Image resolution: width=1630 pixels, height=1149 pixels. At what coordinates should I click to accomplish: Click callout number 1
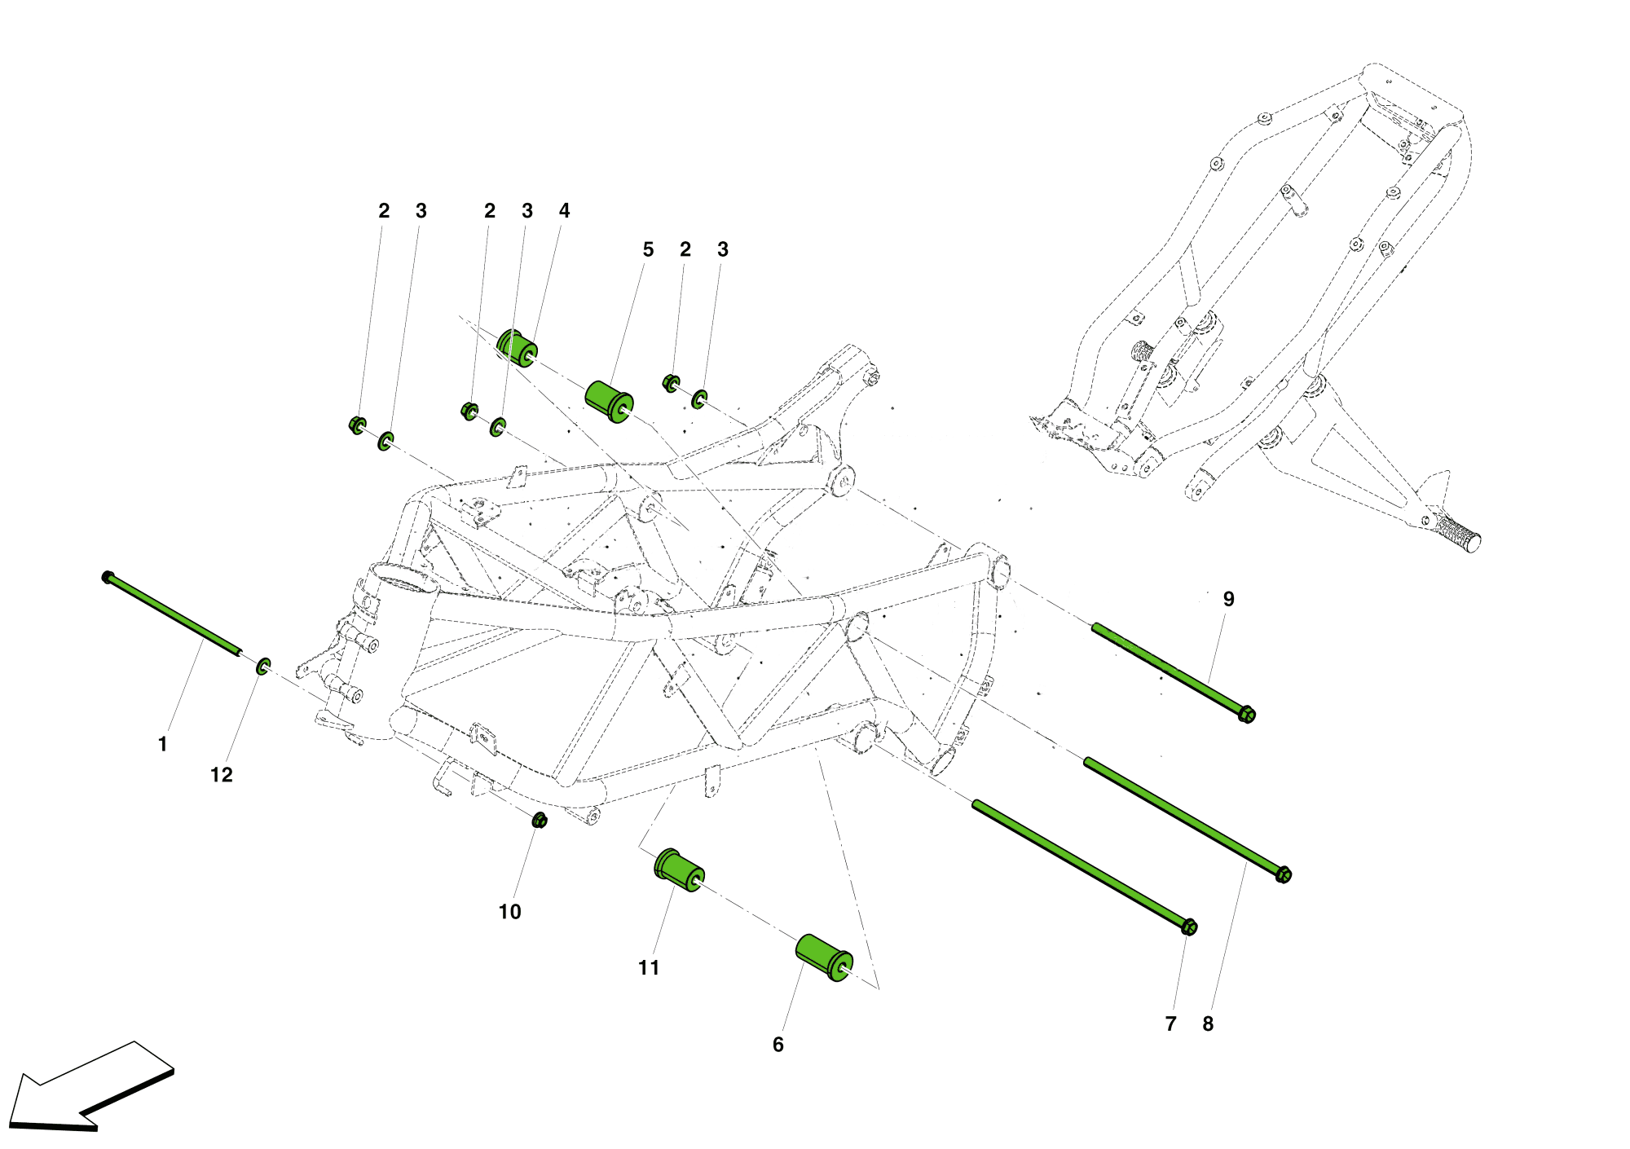(162, 744)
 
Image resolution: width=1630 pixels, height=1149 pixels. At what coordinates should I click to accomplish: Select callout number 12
(222, 775)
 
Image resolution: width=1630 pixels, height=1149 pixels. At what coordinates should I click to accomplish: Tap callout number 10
(509, 912)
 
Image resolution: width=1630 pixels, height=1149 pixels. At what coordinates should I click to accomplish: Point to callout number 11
(649, 967)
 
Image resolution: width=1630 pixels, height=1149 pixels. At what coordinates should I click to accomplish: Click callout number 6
(778, 1045)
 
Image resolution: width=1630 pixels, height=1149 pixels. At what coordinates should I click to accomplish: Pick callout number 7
(1171, 1024)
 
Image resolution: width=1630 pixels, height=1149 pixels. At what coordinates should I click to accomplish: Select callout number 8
(1208, 1024)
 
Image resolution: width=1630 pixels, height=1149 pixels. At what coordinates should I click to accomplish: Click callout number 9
(1229, 599)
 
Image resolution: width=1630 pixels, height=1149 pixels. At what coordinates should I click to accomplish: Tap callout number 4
(564, 211)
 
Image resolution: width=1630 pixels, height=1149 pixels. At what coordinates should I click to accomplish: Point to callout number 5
(648, 249)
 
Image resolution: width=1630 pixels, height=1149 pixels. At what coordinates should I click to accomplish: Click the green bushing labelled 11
(679, 870)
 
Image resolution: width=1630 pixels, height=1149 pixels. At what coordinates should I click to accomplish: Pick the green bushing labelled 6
(824, 958)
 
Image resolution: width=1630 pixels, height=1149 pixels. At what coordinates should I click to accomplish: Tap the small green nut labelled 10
(539, 820)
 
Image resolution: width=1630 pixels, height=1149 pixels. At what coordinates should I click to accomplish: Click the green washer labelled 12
(263, 666)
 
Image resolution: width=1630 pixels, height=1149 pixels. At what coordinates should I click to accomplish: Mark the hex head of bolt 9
(1246, 715)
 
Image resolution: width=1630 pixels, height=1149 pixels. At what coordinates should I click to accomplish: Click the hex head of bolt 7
(1189, 927)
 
